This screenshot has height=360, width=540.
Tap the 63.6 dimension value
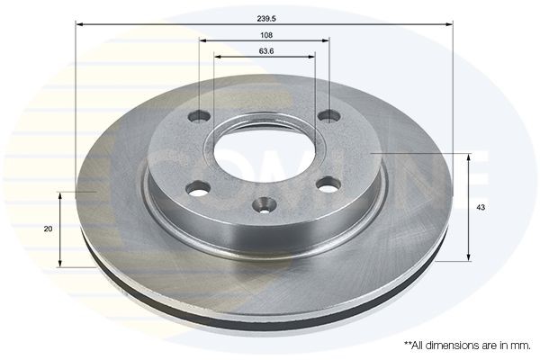pyautogui.click(x=265, y=51)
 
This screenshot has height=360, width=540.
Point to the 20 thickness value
pyautogui.click(x=48, y=229)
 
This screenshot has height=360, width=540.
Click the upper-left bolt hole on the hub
pyautogui.click(x=200, y=116)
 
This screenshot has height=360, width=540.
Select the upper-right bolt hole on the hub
pyautogui.click(x=329, y=115)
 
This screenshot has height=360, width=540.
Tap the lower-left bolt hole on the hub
pyautogui.click(x=199, y=187)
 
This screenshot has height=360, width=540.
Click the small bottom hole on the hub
pyautogui.click(x=264, y=205)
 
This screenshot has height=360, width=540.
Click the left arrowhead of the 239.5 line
pyautogui.click(x=80, y=26)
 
